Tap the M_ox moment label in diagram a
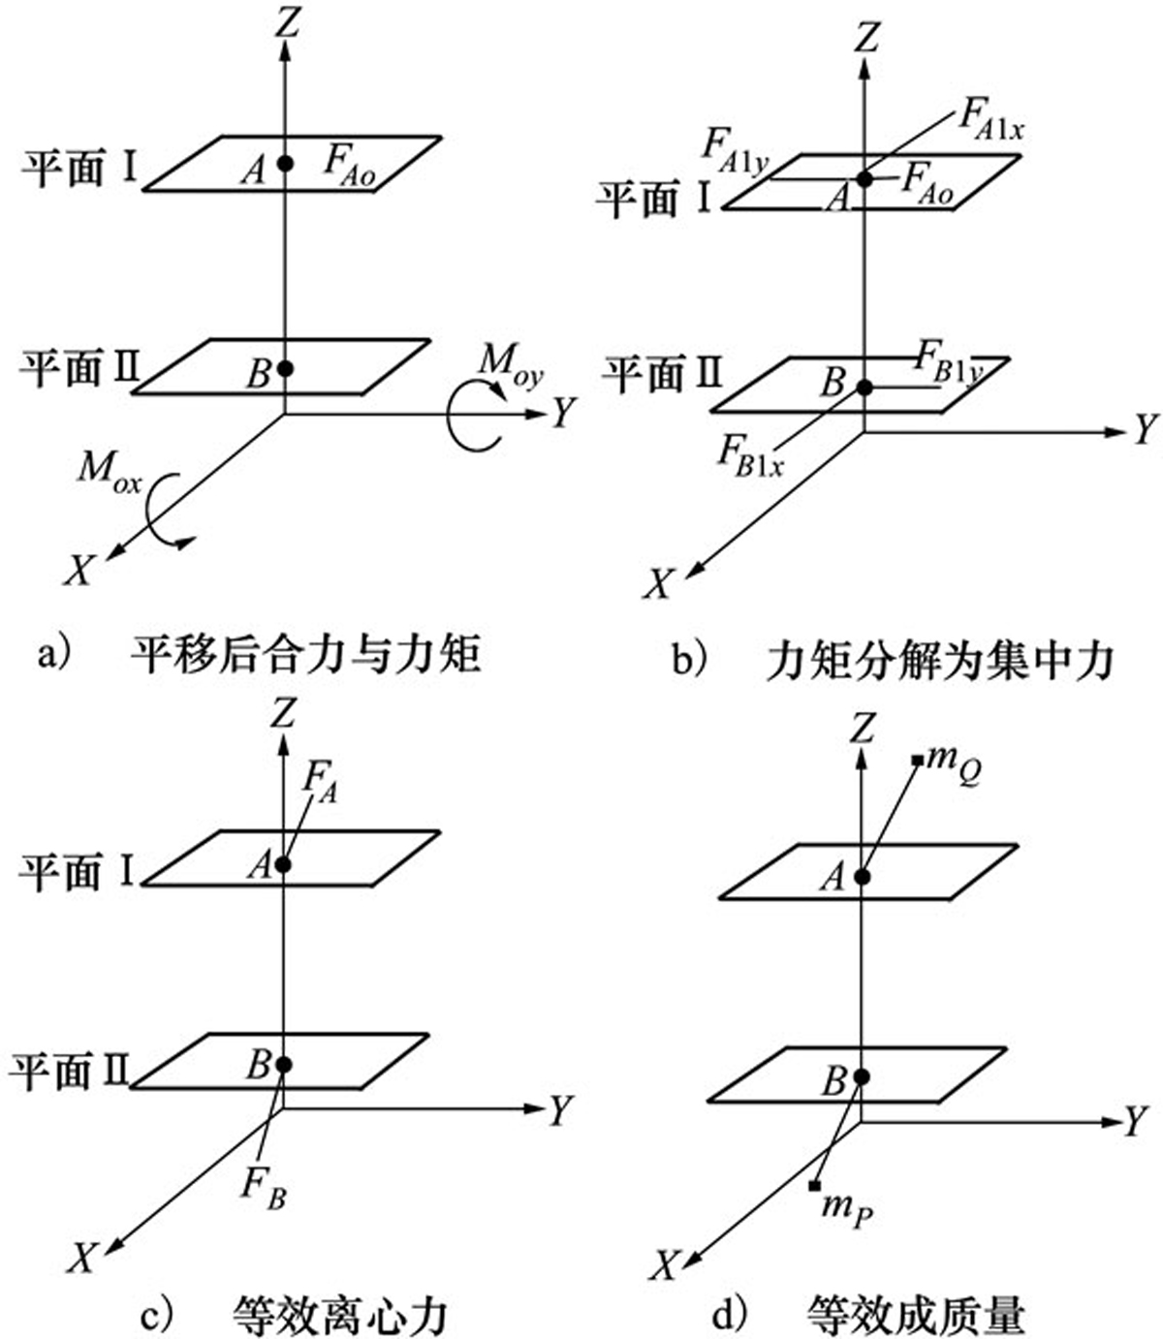(110, 473)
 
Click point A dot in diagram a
(285, 164)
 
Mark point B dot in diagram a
(285, 369)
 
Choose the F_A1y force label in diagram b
(736, 154)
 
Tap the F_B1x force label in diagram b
(751, 457)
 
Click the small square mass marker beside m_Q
(917, 760)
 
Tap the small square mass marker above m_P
(814, 1185)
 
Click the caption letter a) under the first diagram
(55, 655)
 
